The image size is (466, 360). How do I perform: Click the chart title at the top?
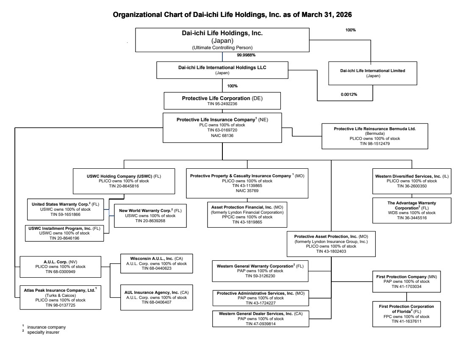[232, 14]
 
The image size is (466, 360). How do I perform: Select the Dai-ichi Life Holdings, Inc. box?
[222, 39]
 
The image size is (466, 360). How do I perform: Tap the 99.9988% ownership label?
[246, 55]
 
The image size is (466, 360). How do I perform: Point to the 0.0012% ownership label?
[349, 94]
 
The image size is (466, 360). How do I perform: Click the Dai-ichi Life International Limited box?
[372, 73]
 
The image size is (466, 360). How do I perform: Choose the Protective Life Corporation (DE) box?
[222, 100]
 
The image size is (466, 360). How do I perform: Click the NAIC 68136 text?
[222, 136]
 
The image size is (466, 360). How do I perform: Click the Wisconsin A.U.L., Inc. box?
[157, 263]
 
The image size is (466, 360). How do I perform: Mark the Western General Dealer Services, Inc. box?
[261, 318]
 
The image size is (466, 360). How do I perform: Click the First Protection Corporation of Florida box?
[406, 314]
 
